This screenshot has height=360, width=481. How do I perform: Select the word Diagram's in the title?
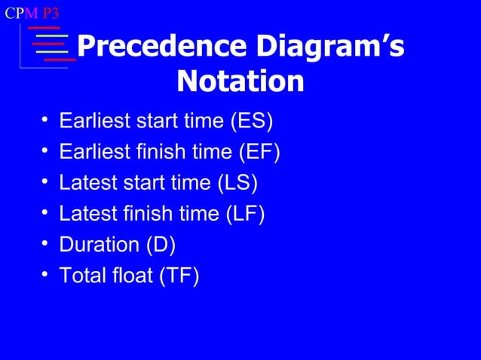tap(326, 47)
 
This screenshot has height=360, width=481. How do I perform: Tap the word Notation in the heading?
tap(240, 81)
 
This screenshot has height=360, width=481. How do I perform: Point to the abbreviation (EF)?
tap(259, 152)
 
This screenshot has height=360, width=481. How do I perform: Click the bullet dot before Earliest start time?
tap(45, 121)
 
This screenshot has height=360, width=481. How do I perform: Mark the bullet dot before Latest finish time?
tap(45, 214)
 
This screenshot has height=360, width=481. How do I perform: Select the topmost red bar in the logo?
tap(44, 27)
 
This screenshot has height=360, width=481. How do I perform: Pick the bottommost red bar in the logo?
tap(60, 59)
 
